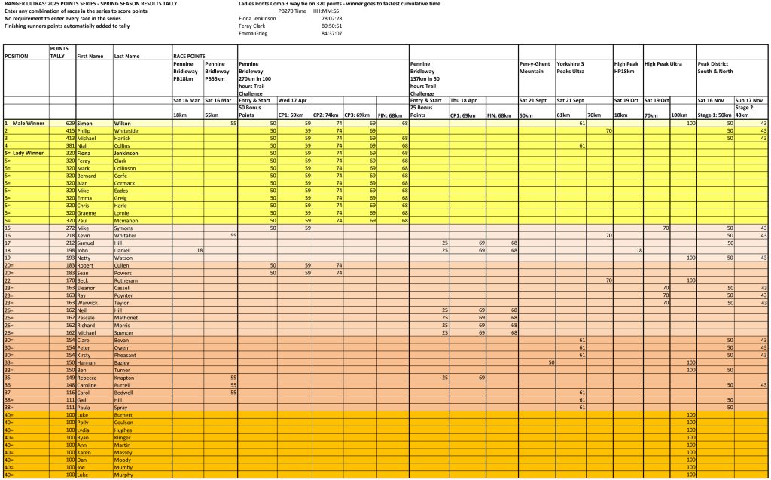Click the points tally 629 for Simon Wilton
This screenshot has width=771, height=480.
(67, 123)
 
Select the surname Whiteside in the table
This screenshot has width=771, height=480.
(128, 130)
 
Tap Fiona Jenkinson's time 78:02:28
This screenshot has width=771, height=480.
(332, 18)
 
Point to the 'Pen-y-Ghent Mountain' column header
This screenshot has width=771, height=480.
(535, 68)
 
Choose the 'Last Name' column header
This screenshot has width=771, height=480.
(127, 57)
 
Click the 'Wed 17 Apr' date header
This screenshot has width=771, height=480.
(292, 100)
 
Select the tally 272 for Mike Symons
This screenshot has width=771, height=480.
(67, 228)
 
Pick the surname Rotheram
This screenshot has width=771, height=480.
(128, 280)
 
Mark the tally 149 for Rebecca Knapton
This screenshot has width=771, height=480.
(67, 378)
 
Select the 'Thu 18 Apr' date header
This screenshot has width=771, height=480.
(464, 100)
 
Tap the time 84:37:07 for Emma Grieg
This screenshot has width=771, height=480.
(332, 33)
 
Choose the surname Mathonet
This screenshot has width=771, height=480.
(128, 317)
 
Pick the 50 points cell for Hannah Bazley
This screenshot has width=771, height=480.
(551, 362)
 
